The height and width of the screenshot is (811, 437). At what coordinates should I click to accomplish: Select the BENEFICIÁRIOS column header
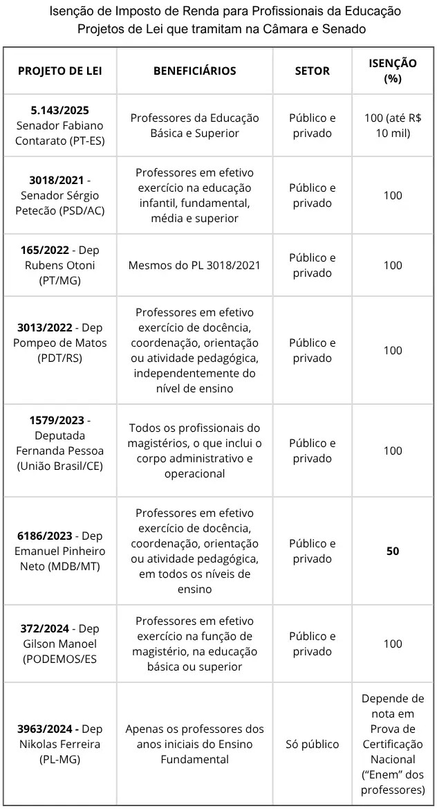click(194, 71)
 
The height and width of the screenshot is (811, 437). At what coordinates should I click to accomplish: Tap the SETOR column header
click(313, 71)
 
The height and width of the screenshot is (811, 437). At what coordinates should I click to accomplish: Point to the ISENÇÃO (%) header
click(392, 71)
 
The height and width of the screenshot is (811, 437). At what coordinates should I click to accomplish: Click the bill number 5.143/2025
click(60, 110)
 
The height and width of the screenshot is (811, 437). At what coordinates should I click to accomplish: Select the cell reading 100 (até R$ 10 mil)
click(392, 125)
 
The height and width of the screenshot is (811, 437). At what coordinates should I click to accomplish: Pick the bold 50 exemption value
click(393, 552)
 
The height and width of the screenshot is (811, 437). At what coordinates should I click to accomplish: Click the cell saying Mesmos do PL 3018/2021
click(194, 265)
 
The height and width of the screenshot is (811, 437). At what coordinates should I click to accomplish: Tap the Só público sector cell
click(313, 745)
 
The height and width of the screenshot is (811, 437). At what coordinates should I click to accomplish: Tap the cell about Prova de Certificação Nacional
click(393, 744)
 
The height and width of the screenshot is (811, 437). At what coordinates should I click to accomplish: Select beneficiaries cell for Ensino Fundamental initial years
click(194, 744)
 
